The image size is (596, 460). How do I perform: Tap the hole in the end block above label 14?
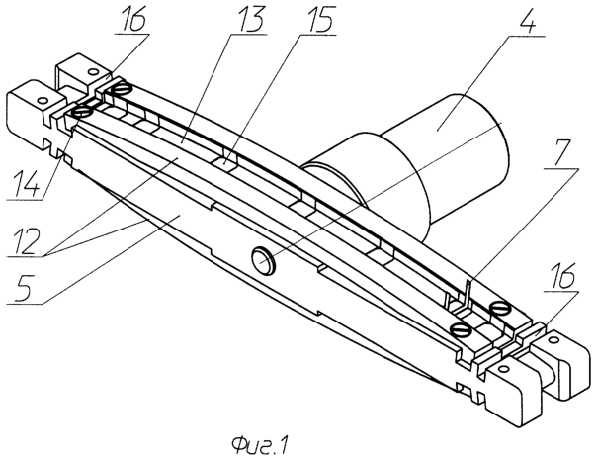coord(42,100)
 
